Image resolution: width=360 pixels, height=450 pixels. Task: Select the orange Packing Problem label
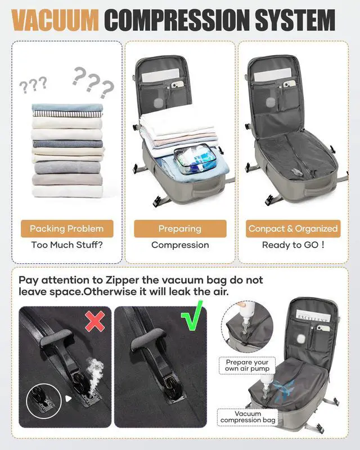tap(67, 228)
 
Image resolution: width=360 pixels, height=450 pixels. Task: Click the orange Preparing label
tap(180, 228)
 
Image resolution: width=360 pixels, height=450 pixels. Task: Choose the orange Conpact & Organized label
tap(293, 228)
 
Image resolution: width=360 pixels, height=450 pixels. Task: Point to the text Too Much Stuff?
tap(67, 245)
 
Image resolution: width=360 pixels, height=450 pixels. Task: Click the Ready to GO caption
tap(293, 245)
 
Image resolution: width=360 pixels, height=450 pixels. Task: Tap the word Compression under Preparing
tap(180, 245)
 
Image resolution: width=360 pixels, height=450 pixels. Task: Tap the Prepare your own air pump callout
tap(247, 366)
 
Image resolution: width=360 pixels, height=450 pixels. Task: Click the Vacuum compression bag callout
tap(248, 417)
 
